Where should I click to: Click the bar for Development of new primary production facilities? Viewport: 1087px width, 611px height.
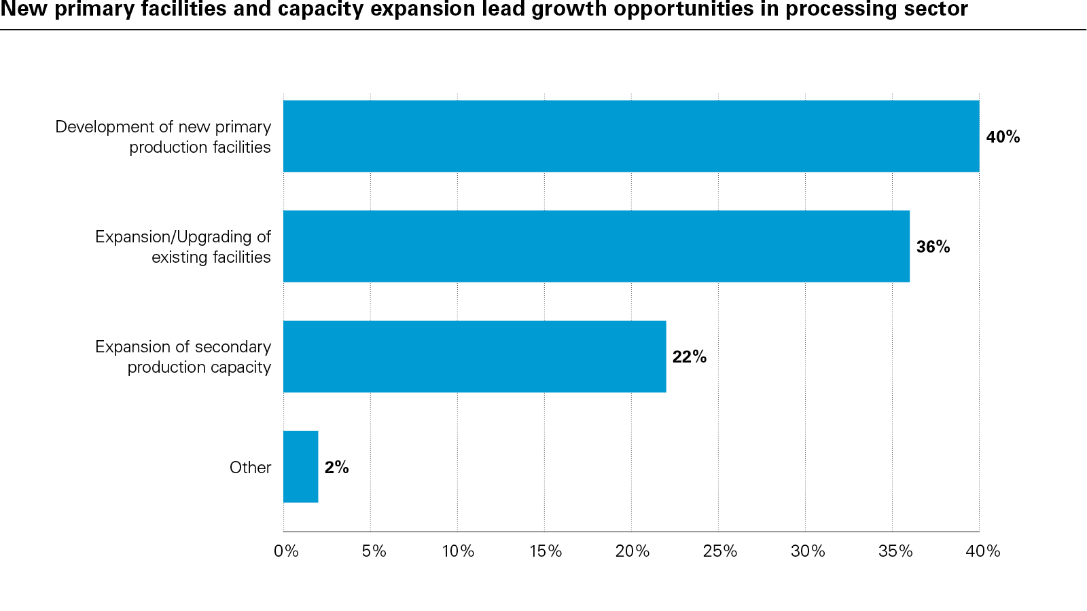click(631, 136)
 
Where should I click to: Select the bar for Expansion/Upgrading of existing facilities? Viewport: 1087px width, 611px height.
click(596, 246)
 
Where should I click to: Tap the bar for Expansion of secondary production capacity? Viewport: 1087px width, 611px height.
click(474, 356)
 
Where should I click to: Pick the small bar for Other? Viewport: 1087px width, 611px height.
click(300, 466)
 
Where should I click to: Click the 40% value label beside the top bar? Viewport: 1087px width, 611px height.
click(1003, 137)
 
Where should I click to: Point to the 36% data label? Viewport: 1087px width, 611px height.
click(933, 247)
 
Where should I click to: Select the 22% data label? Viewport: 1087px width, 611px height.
click(689, 357)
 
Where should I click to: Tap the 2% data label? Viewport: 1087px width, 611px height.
click(336, 467)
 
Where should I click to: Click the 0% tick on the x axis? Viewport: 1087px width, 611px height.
click(286, 551)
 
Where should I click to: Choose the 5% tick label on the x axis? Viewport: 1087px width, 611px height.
click(374, 551)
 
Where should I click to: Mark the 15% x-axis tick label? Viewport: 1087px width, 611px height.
click(546, 551)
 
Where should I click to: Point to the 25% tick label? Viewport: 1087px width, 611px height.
click(719, 551)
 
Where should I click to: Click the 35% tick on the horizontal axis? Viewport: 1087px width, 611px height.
click(895, 551)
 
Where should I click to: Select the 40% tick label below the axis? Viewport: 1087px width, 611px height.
click(982, 551)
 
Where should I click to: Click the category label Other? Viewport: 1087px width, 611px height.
click(250, 467)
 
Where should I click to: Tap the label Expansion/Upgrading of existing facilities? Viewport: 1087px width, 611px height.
click(183, 246)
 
